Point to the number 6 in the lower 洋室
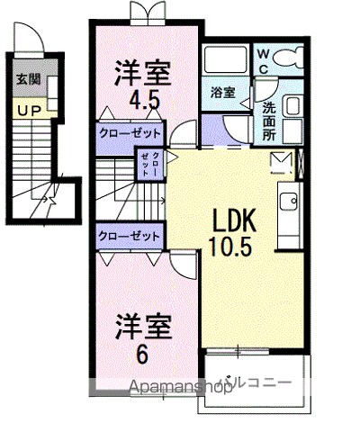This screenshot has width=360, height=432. [x=142, y=355]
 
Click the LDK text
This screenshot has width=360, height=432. [x=235, y=220]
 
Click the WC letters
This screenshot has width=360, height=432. [x=262, y=60]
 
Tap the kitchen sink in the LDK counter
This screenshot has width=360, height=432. [x=289, y=202]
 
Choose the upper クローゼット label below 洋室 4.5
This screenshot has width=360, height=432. [x=131, y=133]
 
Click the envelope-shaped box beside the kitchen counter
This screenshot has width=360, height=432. [x=278, y=162]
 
